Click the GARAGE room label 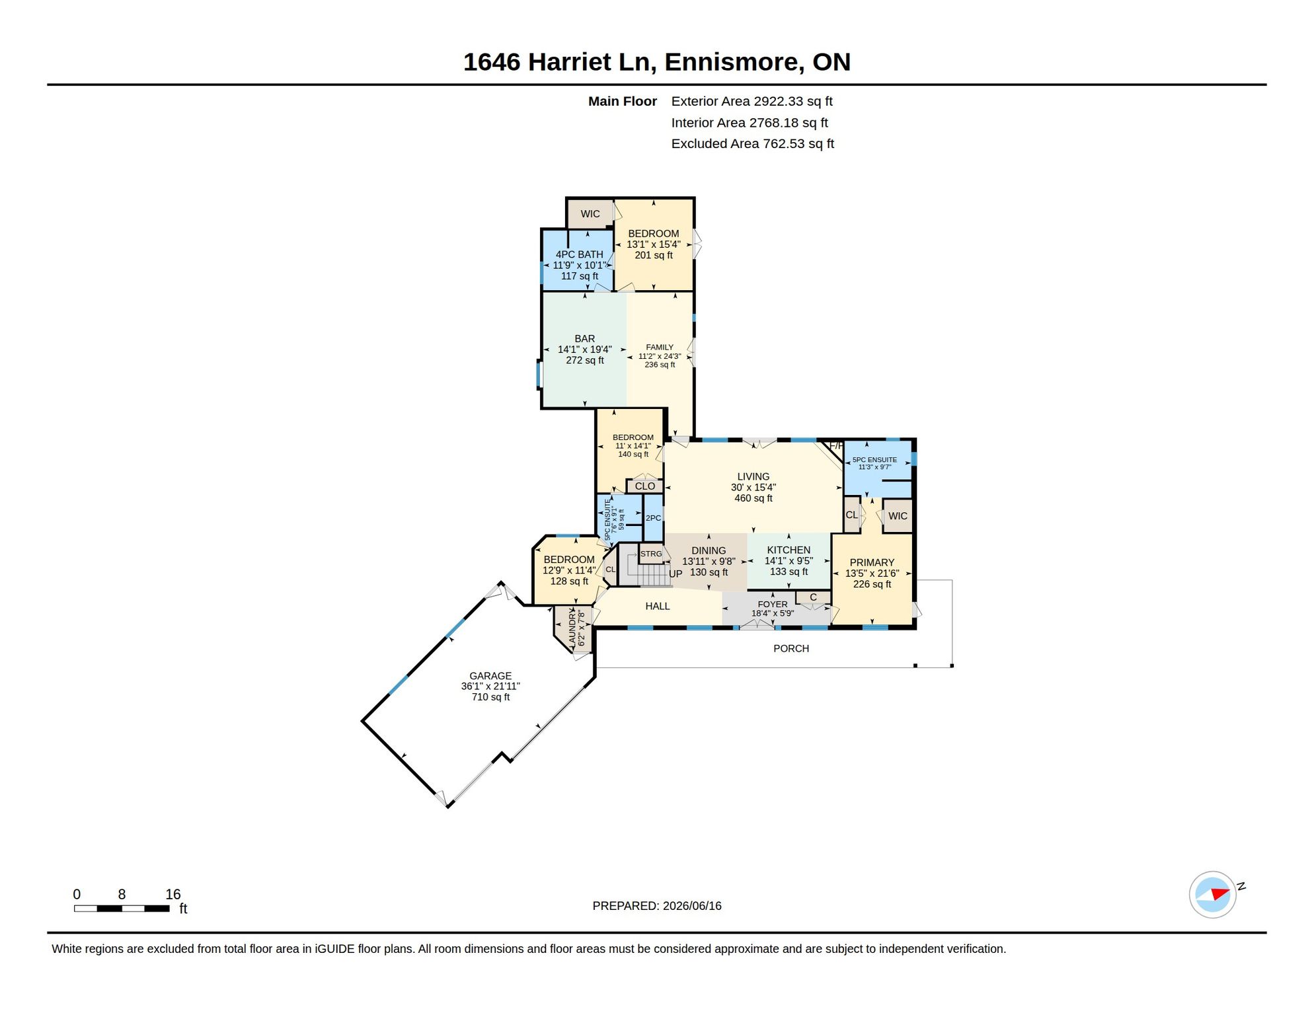coord(490,676)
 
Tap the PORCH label coord(791,649)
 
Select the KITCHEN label coord(789,550)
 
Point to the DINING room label coord(709,551)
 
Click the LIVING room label coord(754,476)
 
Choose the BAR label coord(585,339)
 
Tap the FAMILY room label coord(660,348)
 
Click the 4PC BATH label coord(580,254)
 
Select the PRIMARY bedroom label coord(872,563)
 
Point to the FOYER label coord(773,605)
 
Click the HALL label coord(658,607)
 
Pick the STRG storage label coord(651,554)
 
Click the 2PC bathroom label coord(653,518)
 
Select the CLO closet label coord(645,486)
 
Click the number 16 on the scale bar coord(173,895)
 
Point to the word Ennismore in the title coord(734,62)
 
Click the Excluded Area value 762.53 coord(784,144)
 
